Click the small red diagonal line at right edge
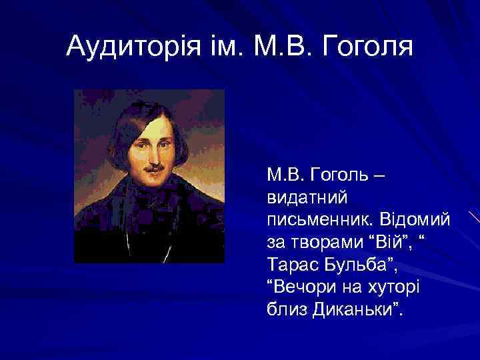click(x=473, y=217)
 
